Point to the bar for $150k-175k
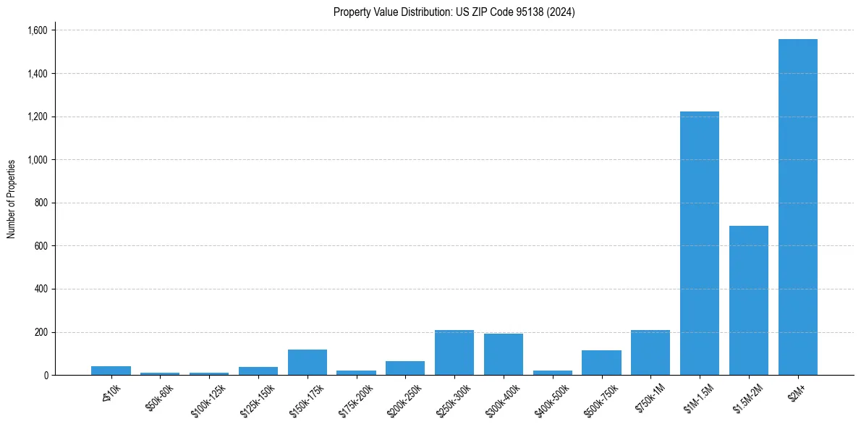click(x=307, y=362)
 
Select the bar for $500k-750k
click(x=601, y=363)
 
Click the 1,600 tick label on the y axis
click(x=38, y=30)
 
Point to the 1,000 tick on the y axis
click(x=38, y=160)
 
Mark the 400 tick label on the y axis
click(x=42, y=289)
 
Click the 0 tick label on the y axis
click(x=46, y=376)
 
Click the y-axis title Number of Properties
click(x=12, y=199)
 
